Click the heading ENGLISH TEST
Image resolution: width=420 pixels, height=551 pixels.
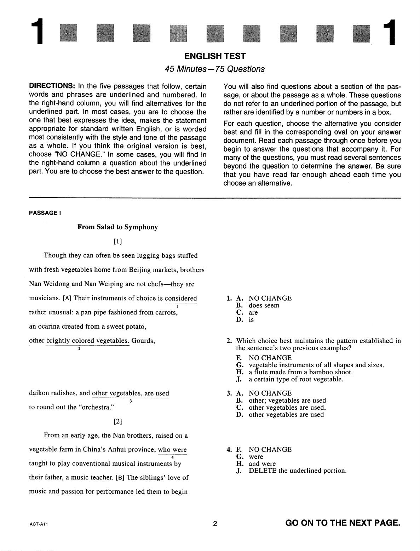[x=215, y=56]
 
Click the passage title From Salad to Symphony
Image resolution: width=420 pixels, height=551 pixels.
[x=117, y=227]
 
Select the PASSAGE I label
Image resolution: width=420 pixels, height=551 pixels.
[x=45, y=213]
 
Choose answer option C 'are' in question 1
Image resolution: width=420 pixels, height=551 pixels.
[x=253, y=313]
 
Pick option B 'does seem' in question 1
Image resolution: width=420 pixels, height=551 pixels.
[x=264, y=306]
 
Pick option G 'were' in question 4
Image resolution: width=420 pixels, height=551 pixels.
[x=256, y=457]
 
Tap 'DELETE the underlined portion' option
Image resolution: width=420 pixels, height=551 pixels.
[x=297, y=471]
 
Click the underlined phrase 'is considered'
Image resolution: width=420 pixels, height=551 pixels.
[x=177, y=298]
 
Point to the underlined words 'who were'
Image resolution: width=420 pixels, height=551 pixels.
[x=172, y=450]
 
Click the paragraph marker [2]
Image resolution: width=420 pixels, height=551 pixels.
[x=118, y=422]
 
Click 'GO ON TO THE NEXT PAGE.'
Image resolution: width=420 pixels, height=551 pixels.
[x=343, y=523]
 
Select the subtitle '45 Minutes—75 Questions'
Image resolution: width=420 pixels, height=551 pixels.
[x=215, y=69]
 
